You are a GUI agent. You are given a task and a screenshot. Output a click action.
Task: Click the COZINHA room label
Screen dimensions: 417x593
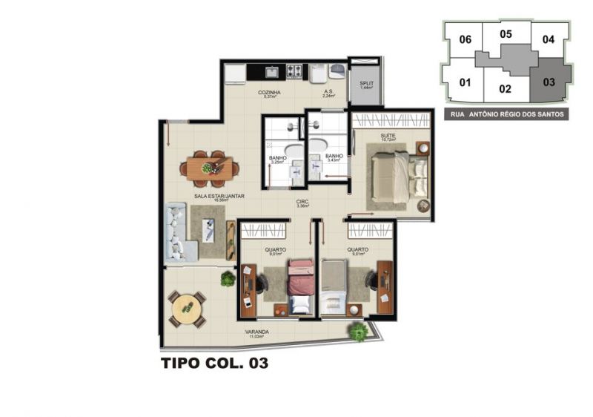coord(268,93)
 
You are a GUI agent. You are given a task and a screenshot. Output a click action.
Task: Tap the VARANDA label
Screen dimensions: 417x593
coord(257,332)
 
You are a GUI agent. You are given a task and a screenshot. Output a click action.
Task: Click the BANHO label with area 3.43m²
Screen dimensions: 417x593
coord(334,157)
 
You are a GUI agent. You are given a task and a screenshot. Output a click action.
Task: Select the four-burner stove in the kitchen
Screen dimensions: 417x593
coord(294,71)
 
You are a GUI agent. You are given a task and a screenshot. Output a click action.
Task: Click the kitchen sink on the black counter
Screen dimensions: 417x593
coord(272,71)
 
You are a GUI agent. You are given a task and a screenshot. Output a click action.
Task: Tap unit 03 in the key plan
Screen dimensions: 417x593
coord(549,82)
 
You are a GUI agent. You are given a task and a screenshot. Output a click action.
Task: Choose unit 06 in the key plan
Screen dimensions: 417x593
coord(466,39)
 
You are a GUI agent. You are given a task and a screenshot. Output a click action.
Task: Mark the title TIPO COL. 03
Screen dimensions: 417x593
coord(213,364)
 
